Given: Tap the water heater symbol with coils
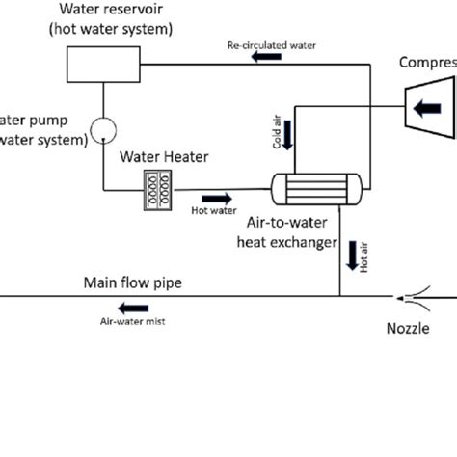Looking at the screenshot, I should (156, 186).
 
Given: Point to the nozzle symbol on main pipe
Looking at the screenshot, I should (415, 296).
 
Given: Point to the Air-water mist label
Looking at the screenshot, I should (133, 325).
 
